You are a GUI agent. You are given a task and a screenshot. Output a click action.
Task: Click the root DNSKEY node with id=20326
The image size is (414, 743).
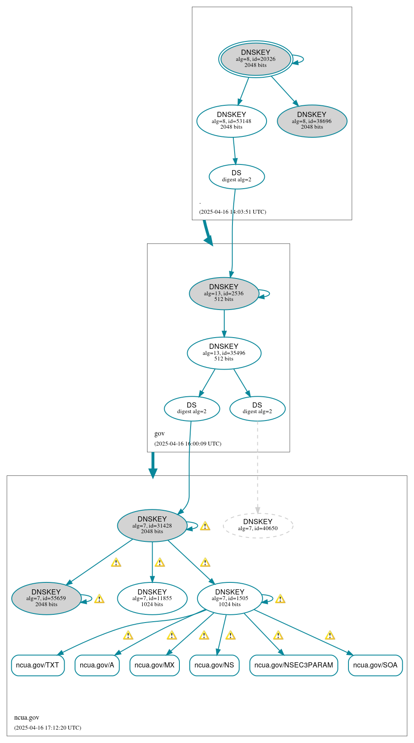256,59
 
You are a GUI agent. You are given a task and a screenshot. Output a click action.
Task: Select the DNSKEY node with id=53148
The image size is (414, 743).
232,121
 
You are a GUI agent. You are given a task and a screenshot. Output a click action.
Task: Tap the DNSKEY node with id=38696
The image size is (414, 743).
312,121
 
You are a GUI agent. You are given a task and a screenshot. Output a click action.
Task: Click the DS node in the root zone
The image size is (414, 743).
236,176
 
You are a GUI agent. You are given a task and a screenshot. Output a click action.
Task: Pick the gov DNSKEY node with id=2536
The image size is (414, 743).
224,293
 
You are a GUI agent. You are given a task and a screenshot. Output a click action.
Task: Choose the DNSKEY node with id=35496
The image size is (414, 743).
224,353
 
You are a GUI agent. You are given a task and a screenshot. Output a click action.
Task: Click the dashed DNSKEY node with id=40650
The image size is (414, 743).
258,525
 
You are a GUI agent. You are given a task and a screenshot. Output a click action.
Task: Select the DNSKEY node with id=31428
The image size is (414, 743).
152,525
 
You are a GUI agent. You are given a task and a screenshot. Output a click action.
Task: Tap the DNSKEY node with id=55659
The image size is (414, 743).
46,598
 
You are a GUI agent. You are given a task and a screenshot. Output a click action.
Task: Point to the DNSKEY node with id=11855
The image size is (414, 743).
152,598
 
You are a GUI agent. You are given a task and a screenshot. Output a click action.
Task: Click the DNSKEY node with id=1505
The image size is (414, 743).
230,598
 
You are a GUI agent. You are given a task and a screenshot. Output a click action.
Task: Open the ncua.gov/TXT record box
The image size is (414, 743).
38,665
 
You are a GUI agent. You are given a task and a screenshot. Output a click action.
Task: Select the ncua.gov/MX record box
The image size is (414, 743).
154,665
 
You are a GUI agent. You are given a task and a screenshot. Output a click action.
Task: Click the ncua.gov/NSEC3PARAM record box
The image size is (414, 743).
294,665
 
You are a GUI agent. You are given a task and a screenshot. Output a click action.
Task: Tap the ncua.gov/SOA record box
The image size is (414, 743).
375,665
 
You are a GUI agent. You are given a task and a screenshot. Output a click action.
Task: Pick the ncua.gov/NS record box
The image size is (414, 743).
214,665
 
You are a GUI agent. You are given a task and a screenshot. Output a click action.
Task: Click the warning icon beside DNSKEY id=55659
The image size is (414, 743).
99,599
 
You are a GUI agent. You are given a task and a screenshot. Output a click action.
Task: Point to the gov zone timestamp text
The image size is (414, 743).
188,443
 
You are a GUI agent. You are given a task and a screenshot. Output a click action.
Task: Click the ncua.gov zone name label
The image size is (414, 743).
27,717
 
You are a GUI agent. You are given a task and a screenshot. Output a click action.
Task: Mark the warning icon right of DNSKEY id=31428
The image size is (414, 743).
205,526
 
